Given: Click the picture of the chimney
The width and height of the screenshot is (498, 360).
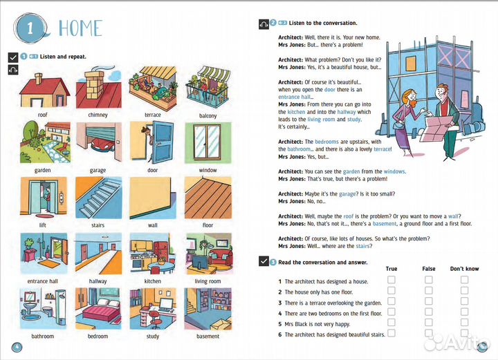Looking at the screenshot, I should click(98, 87).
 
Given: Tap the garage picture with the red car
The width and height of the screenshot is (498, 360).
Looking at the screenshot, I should click(98, 142).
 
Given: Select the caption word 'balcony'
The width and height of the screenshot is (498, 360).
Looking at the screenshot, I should click(207, 115).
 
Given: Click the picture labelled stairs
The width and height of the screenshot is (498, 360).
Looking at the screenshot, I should click(98, 198).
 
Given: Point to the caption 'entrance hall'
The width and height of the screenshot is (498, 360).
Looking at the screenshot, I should click(42, 281).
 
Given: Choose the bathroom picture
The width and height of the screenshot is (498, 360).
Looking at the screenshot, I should click(42, 308).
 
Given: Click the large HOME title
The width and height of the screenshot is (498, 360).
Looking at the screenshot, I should click(80, 28).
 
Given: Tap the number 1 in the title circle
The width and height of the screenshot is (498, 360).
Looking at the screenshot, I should click(28, 28).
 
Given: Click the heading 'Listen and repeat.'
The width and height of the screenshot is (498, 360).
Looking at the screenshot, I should click(63, 56).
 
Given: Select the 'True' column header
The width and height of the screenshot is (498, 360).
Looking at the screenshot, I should click(391, 268).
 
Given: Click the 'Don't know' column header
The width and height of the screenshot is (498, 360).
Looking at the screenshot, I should click(464, 268).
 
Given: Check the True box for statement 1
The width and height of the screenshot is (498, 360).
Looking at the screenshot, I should click(391, 280).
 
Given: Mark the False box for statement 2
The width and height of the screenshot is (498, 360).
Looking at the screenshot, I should click(429, 291).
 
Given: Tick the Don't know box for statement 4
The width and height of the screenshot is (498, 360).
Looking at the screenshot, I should click(464, 312).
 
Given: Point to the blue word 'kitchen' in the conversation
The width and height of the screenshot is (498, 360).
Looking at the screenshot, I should click(296, 112).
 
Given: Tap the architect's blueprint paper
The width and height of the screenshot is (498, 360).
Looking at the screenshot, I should click(440, 124).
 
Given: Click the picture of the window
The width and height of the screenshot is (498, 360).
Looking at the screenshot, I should click(207, 142).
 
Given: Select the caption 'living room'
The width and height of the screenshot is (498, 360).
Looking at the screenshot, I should click(207, 281).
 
